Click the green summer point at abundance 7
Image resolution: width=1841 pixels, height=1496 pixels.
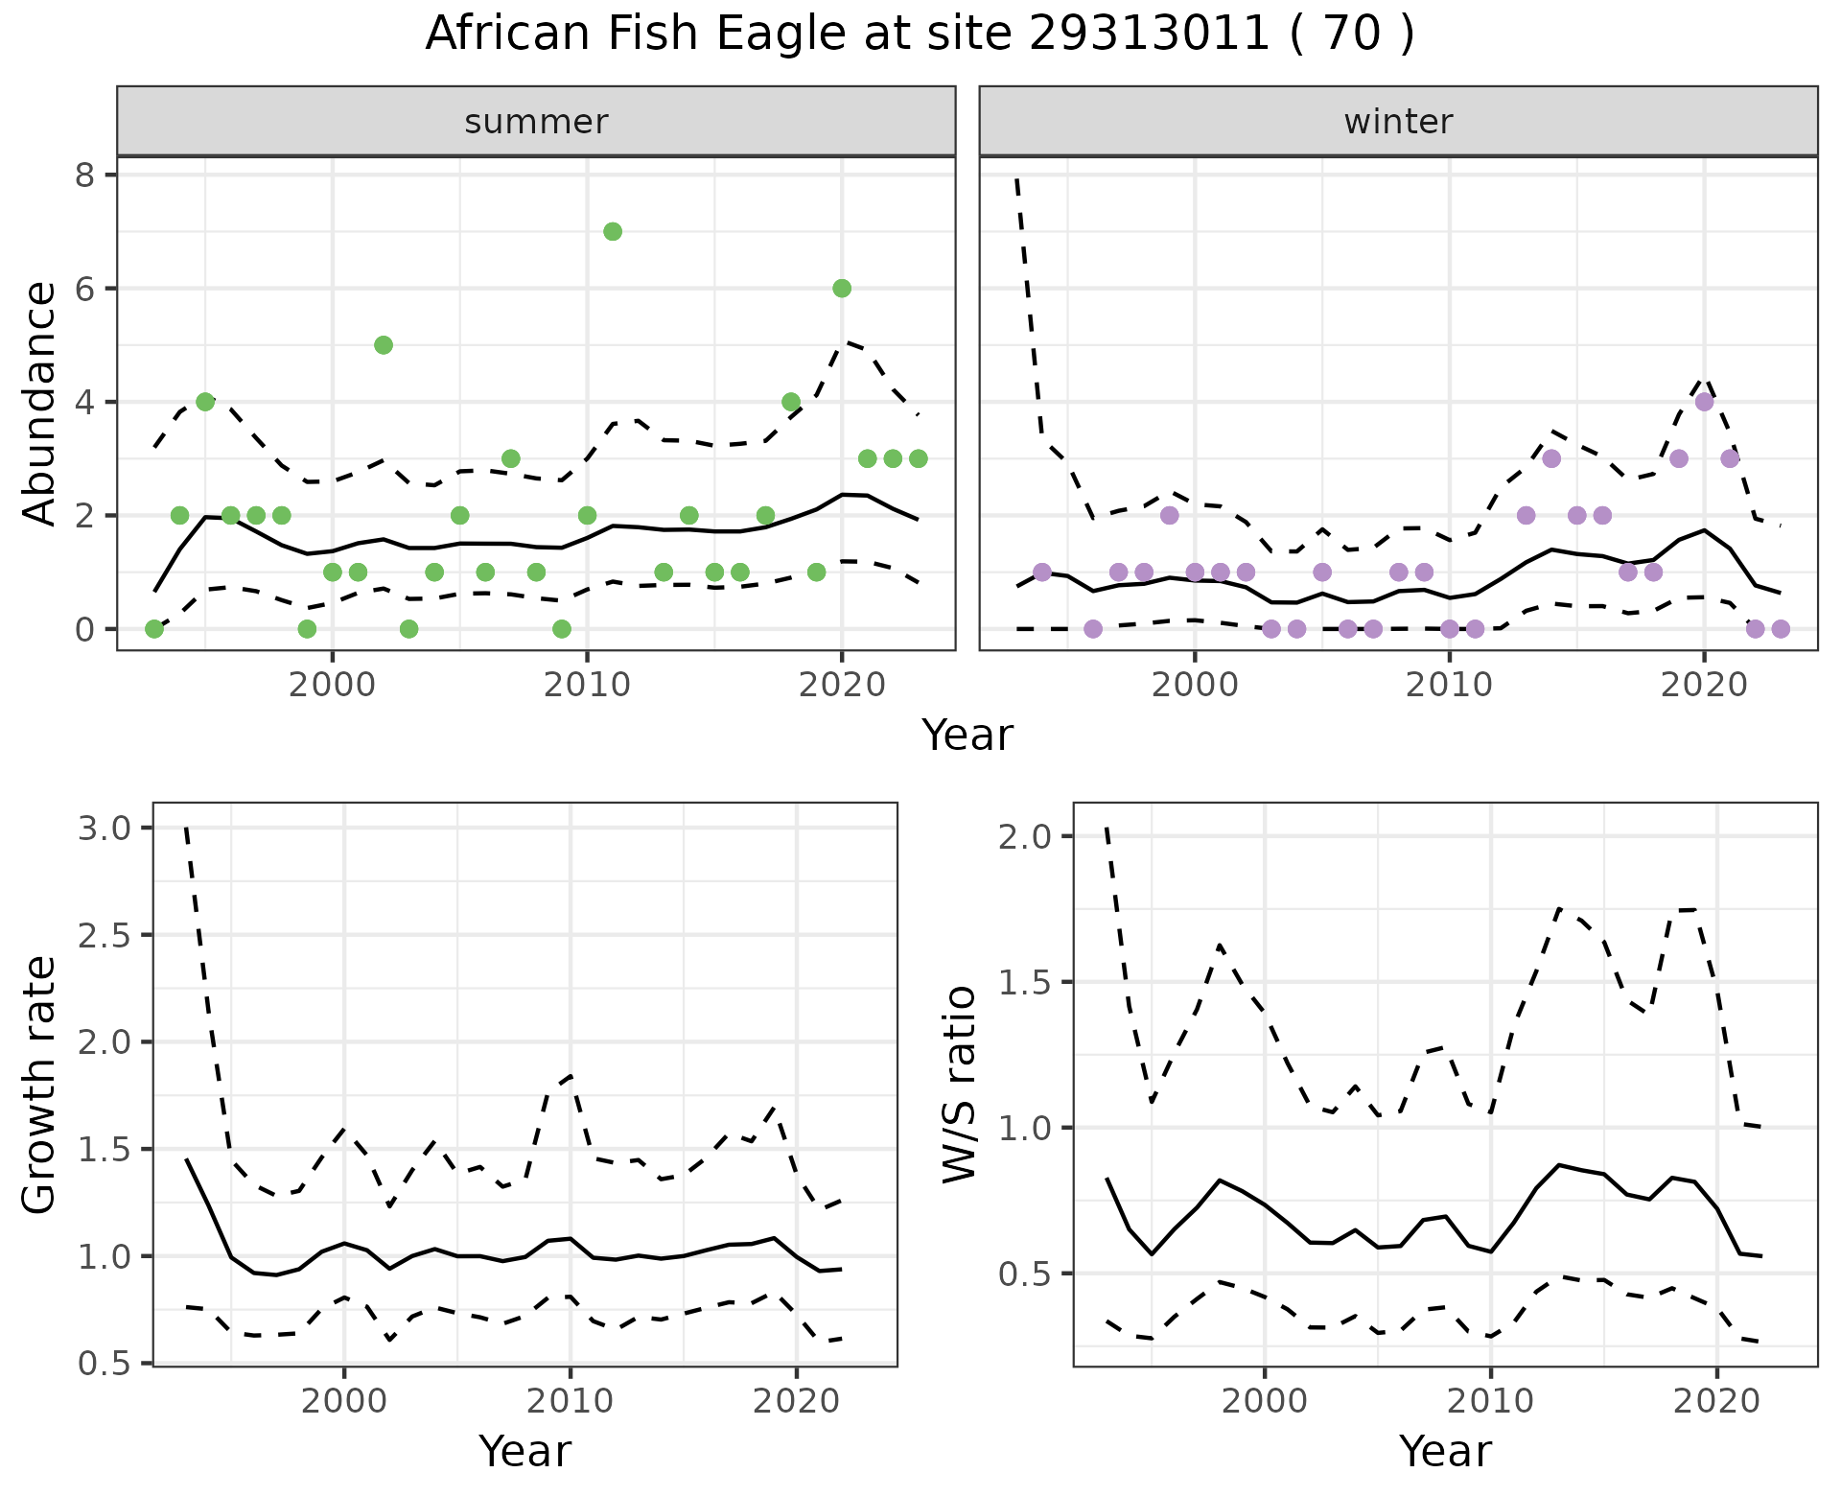tap(613, 231)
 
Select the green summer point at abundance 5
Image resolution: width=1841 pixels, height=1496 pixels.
tap(384, 345)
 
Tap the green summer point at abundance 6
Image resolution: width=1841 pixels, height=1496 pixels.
tap(842, 289)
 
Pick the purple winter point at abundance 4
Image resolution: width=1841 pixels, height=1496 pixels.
tap(1704, 402)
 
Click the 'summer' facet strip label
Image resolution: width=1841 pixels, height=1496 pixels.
tap(536, 122)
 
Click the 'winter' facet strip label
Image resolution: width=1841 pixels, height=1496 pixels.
tap(1398, 122)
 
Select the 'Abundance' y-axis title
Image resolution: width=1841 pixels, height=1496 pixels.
tap(40, 403)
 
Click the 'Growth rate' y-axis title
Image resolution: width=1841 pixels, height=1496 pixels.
tap(40, 1085)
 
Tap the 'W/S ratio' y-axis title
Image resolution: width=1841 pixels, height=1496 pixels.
tap(960, 1085)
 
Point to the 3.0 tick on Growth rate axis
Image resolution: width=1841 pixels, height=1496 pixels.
tap(106, 829)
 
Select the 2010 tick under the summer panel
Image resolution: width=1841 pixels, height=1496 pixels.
tap(587, 685)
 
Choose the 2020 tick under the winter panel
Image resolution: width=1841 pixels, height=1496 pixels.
tap(1704, 685)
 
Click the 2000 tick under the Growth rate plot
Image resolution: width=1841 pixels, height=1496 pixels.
tap(344, 1401)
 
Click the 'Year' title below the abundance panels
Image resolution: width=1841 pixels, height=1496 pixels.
tap(967, 736)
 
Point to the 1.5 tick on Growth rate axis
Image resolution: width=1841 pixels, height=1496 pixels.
tap(106, 1150)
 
